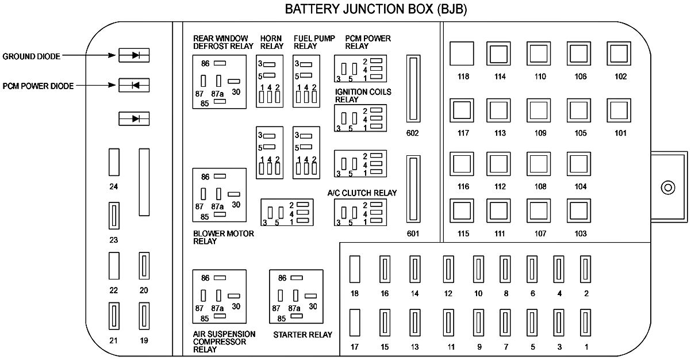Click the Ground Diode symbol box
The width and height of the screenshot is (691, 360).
pyautogui.click(x=134, y=55)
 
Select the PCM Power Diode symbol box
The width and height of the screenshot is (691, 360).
pyautogui.click(x=134, y=86)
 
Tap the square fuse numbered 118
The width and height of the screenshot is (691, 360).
pyautogui.click(x=462, y=55)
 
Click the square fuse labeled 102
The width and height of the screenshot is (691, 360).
pyautogui.click(x=619, y=55)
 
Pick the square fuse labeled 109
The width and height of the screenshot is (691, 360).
pyautogui.click(x=539, y=110)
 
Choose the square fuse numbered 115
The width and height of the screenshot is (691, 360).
pyautogui.click(x=462, y=212)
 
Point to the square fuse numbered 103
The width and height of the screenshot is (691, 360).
pyautogui.click(x=579, y=212)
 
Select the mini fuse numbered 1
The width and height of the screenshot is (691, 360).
pyautogui.click(x=586, y=324)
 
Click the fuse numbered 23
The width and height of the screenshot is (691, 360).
pyautogui.click(x=114, y=216)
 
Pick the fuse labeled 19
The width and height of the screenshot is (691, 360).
pyautogui.click(x=144, y=316)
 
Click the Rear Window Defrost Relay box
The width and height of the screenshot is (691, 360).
pyautogui.click(x=219, y=81)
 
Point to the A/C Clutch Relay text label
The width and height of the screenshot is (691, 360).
pyautogui.click(x=362, y=193)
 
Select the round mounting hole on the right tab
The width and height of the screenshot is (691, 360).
pyautogui.click(x=667, y=187)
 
